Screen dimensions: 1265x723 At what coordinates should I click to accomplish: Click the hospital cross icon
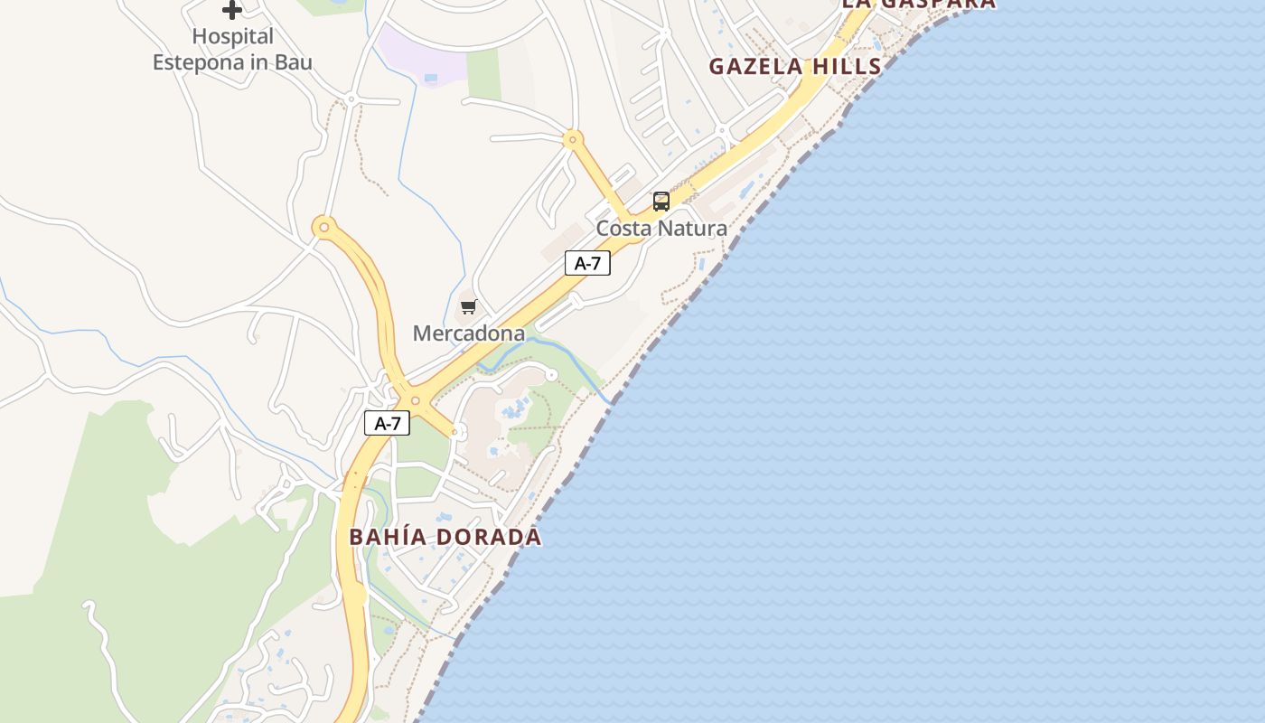(232, 10)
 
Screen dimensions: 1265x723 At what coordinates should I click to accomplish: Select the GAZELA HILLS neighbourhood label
(795, 66)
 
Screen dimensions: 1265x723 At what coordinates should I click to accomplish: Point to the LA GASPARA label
(919, 4)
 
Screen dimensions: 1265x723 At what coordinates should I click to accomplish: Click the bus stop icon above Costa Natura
(661, 202)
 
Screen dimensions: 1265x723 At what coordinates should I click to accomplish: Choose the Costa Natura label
(661, 229)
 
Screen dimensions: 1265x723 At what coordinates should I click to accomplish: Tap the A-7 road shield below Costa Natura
(587, 263)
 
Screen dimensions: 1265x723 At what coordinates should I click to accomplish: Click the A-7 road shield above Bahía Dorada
(387, 423)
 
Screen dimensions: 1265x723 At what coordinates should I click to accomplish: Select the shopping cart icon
(468, 307)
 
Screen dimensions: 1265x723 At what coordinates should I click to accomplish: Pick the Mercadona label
(468, 333)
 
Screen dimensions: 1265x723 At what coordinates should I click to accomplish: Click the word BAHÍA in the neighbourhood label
(387, 537)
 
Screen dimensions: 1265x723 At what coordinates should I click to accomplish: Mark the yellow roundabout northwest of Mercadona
(323, 226)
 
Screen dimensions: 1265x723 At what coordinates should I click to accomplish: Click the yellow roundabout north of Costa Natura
(572, 140)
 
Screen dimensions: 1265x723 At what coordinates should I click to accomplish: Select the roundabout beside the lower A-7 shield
(416, 400)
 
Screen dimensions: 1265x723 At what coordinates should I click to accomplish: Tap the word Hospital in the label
(232, 37)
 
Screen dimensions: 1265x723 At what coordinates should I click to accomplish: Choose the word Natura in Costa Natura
(692, 229)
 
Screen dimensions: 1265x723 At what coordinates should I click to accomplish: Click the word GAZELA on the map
(755, 66)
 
